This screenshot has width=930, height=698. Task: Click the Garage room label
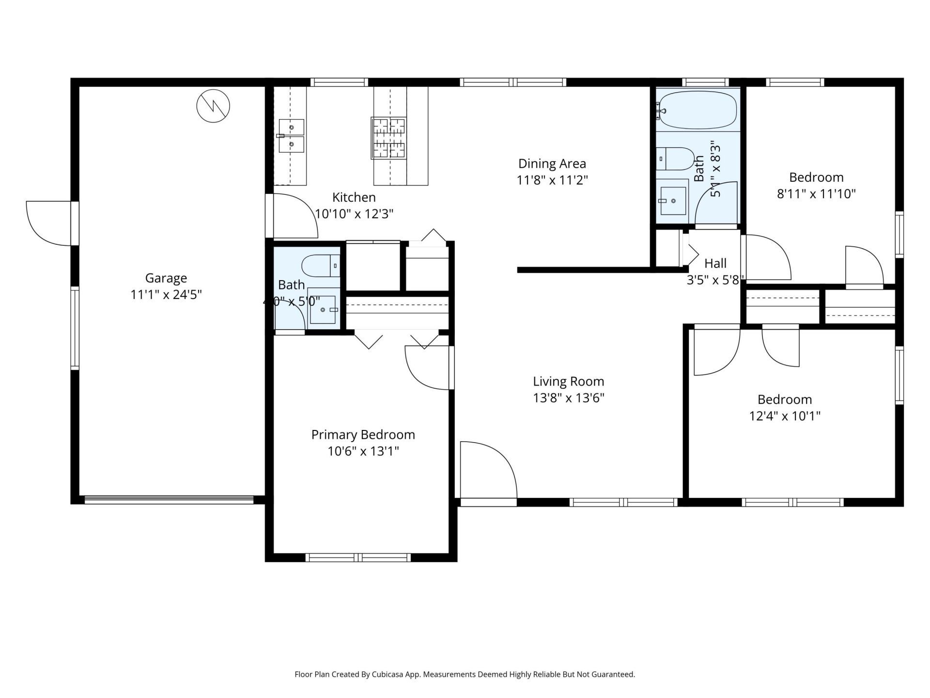coord(166,278)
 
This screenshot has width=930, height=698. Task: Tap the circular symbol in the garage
coord(213,106)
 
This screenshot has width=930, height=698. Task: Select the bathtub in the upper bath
coord(698,110)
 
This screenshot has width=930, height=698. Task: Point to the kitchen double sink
coord(292,136)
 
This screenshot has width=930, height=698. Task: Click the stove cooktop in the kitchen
coord(388,138)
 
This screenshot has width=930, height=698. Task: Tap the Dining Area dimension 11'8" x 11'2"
coord(552,180)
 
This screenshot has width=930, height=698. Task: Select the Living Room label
coord(569,381)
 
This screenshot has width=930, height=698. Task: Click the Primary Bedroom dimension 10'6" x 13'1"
coord(363,451)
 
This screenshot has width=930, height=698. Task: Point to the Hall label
coord(715,263)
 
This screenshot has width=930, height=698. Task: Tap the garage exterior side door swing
coord(48,223)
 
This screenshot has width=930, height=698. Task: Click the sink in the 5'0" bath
coord(323,309)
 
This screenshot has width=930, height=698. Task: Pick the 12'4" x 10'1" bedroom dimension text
coord(785,416)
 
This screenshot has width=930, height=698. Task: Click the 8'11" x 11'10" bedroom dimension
coord(816,194)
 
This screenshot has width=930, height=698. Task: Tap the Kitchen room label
coord(354,197)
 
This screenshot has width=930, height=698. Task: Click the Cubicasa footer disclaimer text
coord(465,674)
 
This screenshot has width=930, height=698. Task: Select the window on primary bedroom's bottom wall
coord(358,557)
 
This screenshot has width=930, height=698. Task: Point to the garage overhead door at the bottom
coord(169,499)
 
